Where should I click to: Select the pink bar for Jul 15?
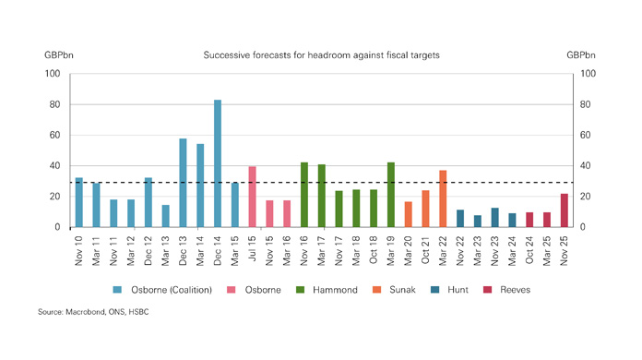(252, 197)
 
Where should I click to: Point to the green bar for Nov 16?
(304, 195)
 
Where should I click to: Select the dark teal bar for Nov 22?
(460, 218)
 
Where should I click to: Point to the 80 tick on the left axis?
(54, 104)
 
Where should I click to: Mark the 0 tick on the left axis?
(57, 227)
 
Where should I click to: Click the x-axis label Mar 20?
(409, 248)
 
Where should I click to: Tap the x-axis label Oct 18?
(374, 248)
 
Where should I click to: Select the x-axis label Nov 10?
(79, 248)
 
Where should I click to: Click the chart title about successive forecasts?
(321, 55)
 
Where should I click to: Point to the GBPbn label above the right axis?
(582, 55)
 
